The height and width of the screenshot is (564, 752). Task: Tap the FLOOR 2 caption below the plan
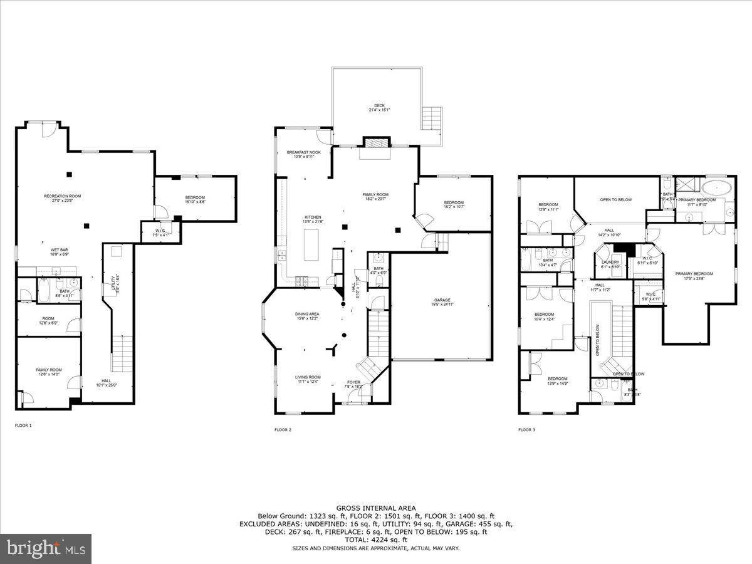point(283,430)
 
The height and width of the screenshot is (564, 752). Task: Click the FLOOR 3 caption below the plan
point(526,430)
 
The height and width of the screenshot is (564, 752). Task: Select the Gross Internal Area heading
point(376,508)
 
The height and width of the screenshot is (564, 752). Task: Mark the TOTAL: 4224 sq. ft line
point(376,540)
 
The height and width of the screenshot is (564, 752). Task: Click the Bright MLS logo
point(46,549)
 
